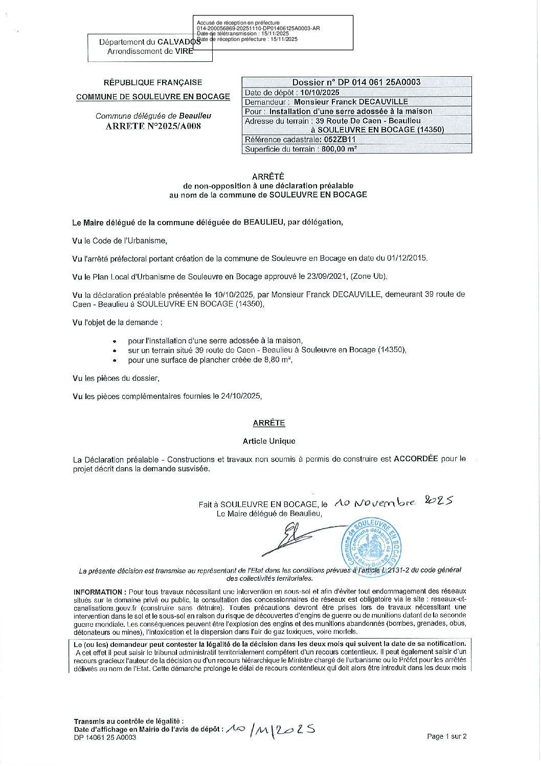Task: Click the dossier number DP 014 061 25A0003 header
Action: coord(356,82)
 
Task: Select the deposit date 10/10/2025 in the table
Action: coord(320,93)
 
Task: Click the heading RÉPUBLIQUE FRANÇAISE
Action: coord(153,82)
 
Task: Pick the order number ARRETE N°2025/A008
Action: coord(153,126)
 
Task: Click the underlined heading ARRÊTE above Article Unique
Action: coord(269,423)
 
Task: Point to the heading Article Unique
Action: coord(269,441)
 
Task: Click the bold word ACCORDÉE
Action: coord(416,459)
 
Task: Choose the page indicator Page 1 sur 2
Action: coord(446,737)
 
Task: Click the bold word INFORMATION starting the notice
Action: coord(98,592)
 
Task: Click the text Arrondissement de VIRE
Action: coord(150,51)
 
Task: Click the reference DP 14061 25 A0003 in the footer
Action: coord(105,737)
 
